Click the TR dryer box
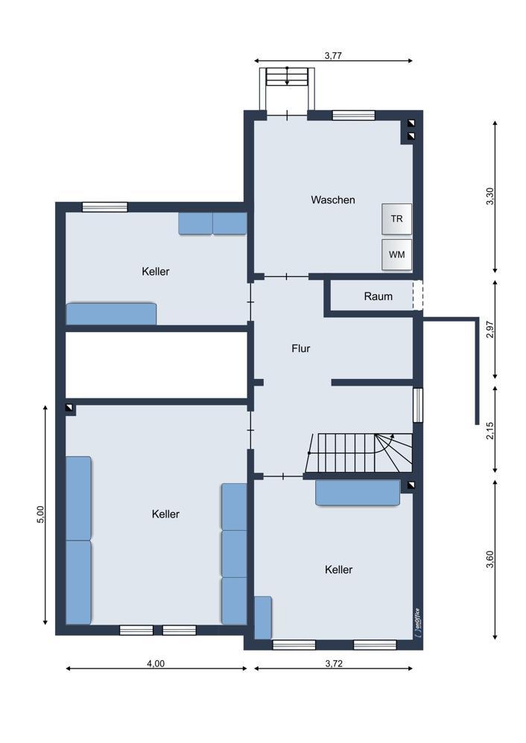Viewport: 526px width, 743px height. [396, 219]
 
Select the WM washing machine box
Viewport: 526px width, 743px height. [396, 255]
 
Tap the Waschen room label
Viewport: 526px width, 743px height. [333, 200]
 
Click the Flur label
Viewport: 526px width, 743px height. [301, 348]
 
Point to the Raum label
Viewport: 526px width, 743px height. [378, 296]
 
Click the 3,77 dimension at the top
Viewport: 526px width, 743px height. [333, 55]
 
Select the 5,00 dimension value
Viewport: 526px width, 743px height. [40, 514]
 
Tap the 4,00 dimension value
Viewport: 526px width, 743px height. [156, 663]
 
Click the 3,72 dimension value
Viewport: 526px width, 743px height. [334, 663]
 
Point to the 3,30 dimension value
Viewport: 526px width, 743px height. [490, 197]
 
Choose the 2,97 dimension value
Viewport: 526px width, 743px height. [490, 329]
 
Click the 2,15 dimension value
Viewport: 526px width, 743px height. [490, 430]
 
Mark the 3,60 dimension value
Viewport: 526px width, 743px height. [490, 559]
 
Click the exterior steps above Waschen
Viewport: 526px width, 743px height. [287, 77]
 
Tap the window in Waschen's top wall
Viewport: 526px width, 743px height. [353, 115]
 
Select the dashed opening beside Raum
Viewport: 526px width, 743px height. [417, 296]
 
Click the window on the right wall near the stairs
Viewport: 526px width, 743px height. [417, 405]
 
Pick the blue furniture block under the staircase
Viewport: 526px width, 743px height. [358, 493]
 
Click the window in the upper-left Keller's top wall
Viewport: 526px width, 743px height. [105, 207]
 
